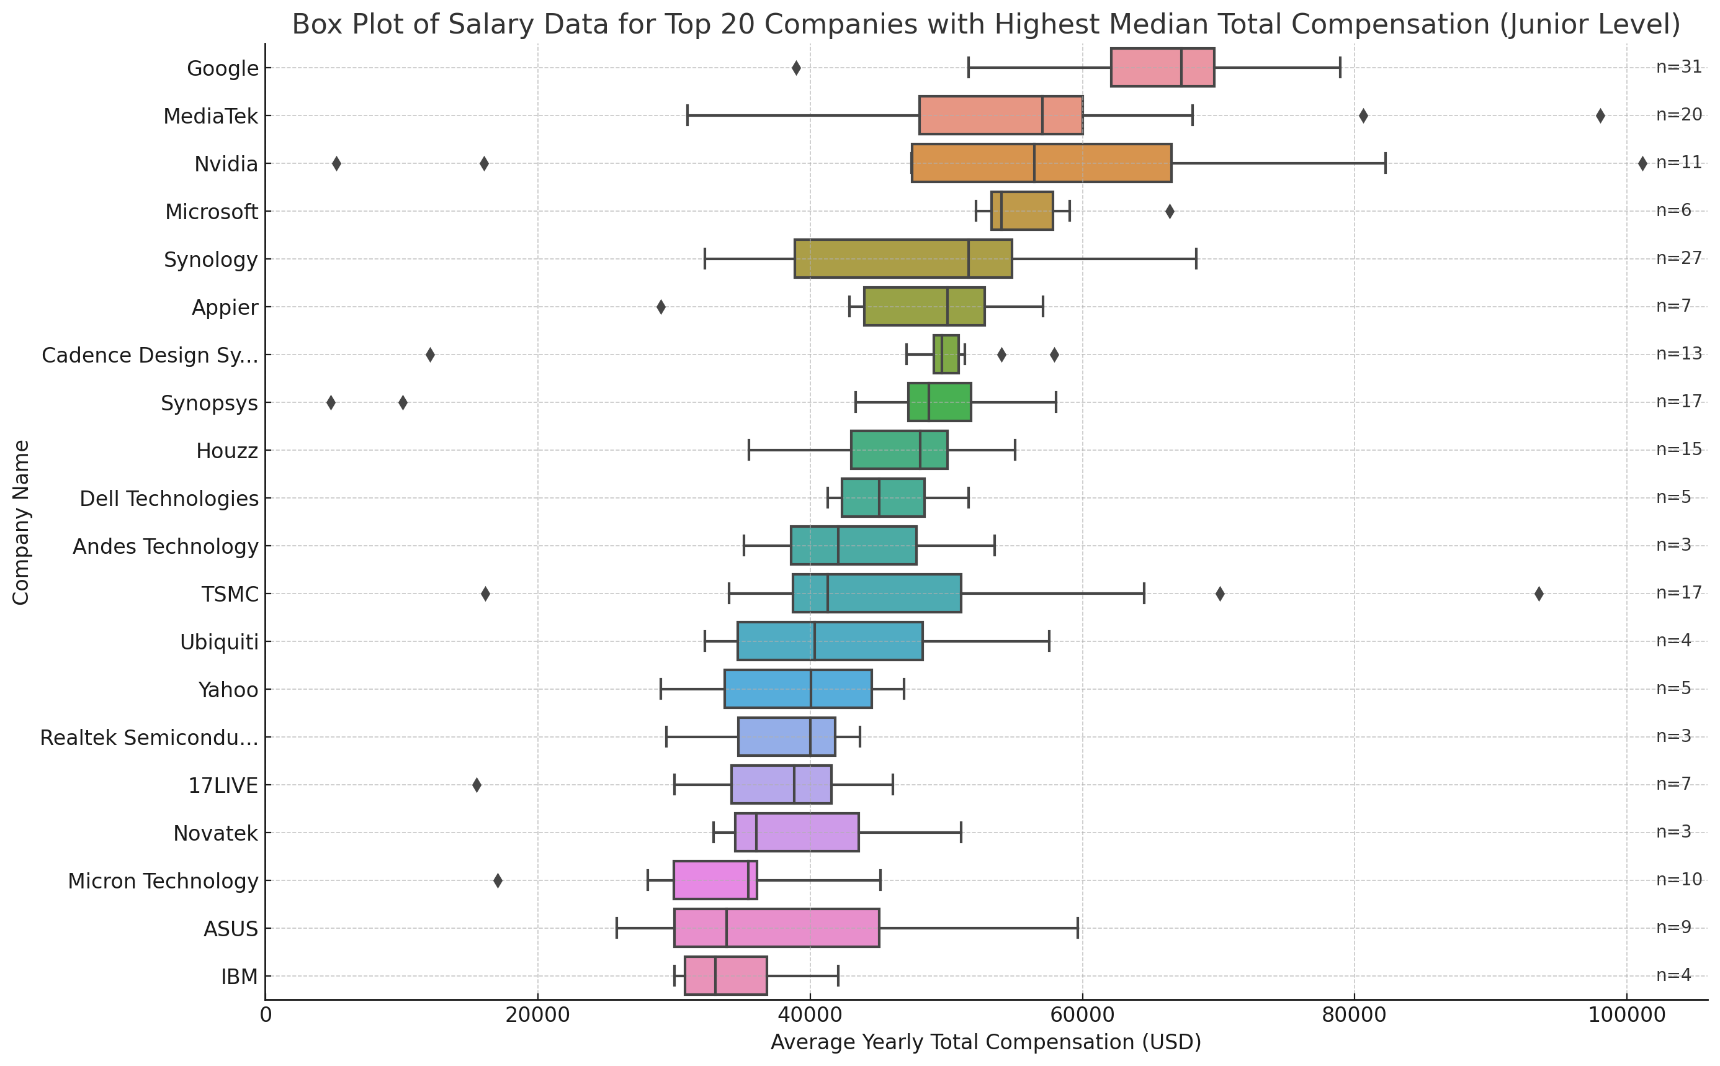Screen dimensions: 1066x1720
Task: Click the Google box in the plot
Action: pos(1162,68)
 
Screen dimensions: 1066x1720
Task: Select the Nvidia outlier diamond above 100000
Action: pos(1642,163)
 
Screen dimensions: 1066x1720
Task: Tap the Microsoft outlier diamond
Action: pos(1170,212)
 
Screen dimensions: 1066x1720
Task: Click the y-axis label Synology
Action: pos(211,260)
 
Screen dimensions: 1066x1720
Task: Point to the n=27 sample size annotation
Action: pos(1678,258)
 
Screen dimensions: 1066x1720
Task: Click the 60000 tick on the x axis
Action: pos(1082,1015)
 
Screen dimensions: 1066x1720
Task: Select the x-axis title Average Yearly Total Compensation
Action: pos(986,1042)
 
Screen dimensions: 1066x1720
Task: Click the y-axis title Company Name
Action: pos(21,522)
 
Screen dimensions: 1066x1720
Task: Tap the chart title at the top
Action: pos(986,24)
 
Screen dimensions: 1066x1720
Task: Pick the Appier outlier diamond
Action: pos(661,307)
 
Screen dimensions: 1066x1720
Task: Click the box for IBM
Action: pos(725,976)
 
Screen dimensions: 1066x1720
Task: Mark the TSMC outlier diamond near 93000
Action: pos(1539,594)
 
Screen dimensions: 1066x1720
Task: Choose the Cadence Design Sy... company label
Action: pos(150,355)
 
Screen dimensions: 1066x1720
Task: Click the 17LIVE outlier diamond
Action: pos(477,785)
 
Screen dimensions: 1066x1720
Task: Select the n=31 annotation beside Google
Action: pos(1678,67)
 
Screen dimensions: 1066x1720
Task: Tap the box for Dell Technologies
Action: pos(883,498)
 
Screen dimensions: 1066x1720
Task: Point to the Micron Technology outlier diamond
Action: pos(498,880)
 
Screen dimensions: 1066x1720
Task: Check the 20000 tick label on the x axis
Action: pos(537,1015)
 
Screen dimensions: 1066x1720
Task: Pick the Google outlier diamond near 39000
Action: pos(796,68)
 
